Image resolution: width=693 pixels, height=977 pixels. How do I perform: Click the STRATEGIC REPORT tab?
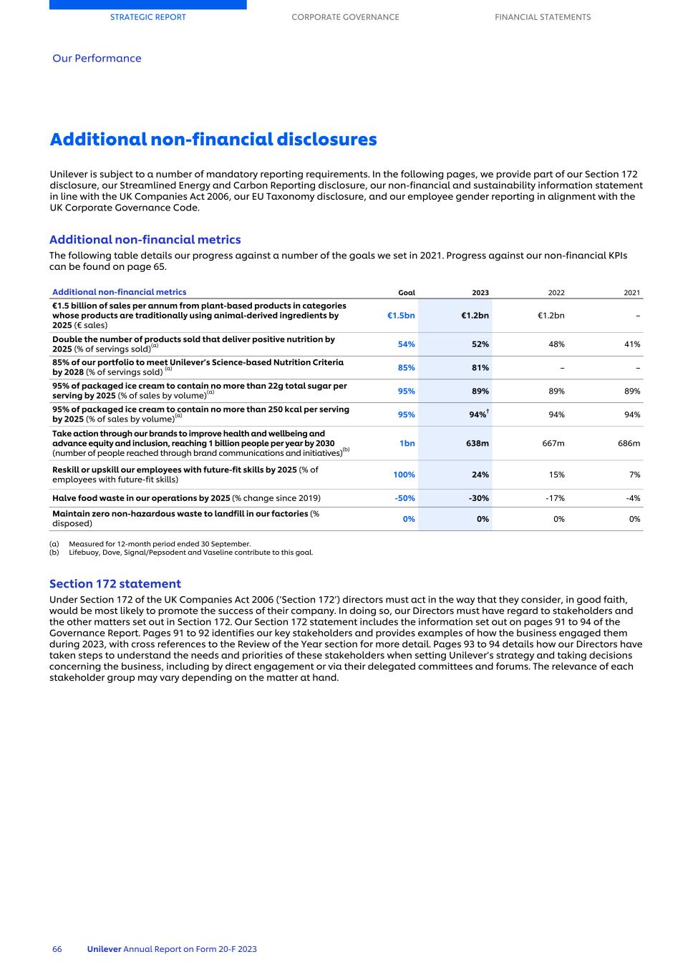click(x=147, y=17)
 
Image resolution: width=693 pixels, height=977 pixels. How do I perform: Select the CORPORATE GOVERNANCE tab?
click(x=345, y=17)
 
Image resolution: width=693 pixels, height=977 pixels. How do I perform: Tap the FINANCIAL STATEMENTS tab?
click(x=543, y=17)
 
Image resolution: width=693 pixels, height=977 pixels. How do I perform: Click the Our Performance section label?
click(x=97, y=59)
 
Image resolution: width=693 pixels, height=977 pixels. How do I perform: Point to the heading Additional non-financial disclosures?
click(x=213, y=140)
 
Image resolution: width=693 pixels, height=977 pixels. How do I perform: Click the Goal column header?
click(x=406, y=293)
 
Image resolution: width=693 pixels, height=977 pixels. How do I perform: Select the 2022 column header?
click(x=556, y=293)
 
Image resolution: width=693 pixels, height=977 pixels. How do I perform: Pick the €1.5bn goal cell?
click(x=401, y=316)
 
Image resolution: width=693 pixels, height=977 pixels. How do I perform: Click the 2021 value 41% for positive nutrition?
click(x=631, y=344)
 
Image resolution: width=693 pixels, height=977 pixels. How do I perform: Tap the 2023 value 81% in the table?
click(x=480, y=368)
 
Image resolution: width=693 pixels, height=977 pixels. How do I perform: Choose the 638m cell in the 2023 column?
click(x=477, y=444)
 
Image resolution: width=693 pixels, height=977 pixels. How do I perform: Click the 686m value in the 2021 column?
click(x=629, y=444)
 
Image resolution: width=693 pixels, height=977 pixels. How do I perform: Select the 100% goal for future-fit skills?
click(x=404, y=475)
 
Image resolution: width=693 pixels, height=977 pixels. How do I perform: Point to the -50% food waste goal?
click(x=404, y=498)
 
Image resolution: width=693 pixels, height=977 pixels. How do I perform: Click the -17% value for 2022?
click(x=555, y=498)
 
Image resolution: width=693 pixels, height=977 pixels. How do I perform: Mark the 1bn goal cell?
click(x=407, y=444)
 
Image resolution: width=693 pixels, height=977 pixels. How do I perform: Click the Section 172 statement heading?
click(x=115, y=584)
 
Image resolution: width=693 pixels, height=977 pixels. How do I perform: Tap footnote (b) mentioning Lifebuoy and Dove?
click(x=190, y=553)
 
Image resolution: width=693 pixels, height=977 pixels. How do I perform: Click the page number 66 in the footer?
click(x=57, y=949)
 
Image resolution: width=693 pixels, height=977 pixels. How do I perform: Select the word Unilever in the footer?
click(x=104, y=949)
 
